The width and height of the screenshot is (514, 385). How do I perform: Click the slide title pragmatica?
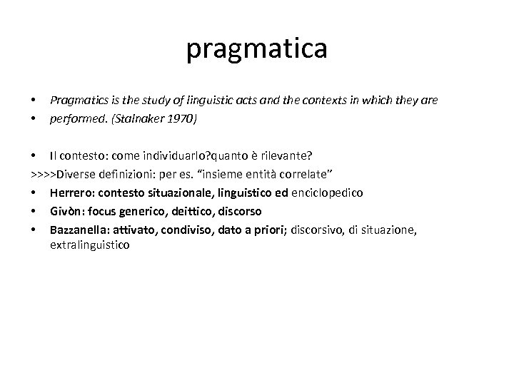[257, 49]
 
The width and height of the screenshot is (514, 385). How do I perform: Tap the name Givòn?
[64, 212]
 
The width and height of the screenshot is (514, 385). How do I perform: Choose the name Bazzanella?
[76, 230]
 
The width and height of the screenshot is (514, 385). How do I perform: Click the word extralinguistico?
[89, 245]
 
